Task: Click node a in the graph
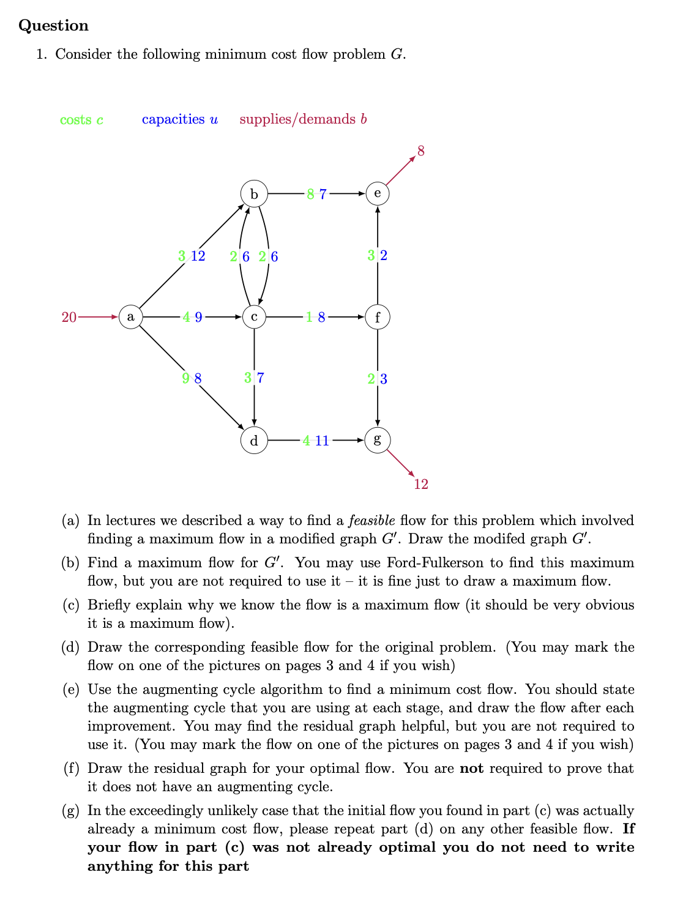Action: click(130, 317)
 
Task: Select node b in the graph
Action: click(254, 194)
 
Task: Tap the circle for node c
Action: click(254, 317)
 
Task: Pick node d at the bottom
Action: click(254, 440)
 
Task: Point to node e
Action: click(377, 194)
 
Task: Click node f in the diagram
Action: click(377, 317)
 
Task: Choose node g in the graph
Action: click(377, 440)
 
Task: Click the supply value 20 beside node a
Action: click(69, 317)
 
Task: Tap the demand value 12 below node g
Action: click(421, 485)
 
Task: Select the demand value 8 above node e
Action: click(421, 151)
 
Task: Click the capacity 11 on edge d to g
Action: click(322, 441)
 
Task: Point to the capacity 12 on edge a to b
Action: click(198, 256)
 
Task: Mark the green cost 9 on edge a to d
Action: click(185, 379)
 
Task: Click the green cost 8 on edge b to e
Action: click(311, 195)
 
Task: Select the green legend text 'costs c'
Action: click(81, 120)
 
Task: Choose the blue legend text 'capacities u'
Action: click(179, 119)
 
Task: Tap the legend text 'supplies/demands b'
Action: click(303, 119)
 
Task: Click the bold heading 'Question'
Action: click(54, 26)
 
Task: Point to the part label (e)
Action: click(71, 690)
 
